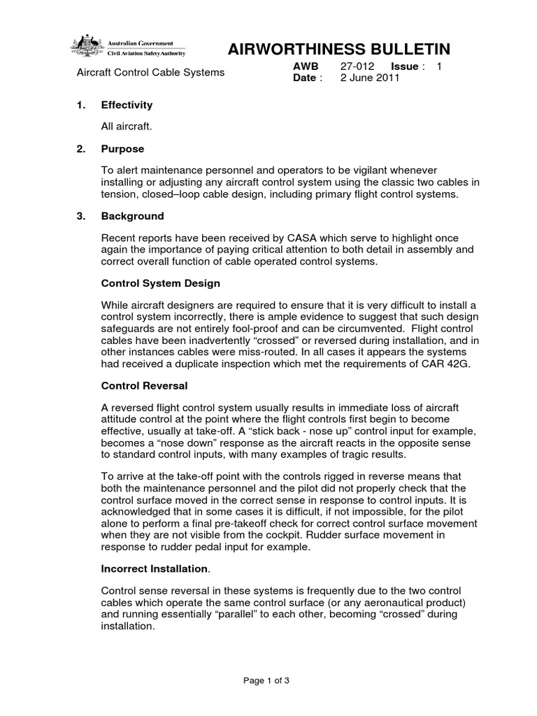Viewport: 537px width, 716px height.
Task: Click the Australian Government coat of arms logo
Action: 87,47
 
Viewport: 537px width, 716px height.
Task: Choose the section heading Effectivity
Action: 127,105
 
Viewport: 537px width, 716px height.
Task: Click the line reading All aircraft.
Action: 127,127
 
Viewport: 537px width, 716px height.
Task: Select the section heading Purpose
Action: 122,149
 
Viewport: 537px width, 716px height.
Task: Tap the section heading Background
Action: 132,216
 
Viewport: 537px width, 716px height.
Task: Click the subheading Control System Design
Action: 161,283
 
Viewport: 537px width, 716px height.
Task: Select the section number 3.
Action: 80,216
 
